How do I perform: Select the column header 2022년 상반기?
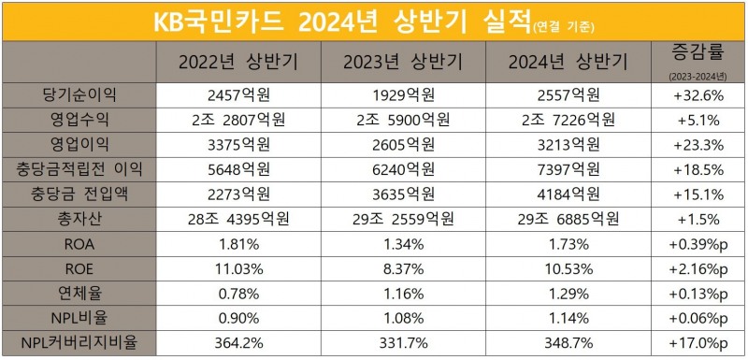click(x=237, y=63)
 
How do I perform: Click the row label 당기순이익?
click(x=81, y=94)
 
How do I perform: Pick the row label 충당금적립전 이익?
click(x=81, y=168)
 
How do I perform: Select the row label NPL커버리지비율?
click(x=81, y=342)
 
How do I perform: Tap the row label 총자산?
click(x=81, y=218)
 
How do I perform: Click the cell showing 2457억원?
click(x=237, y=94)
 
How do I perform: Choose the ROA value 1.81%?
click(x=237, y=243)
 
